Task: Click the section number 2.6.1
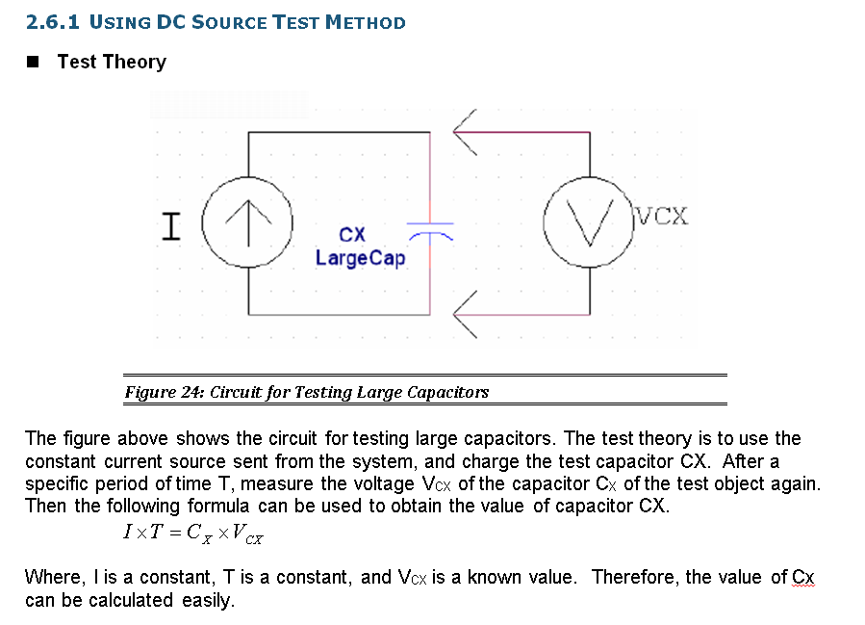tap(52, 22)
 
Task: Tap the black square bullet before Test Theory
tap(33, 63)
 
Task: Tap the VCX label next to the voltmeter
tap(663, 216)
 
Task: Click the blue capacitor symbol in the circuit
tap(430, 230)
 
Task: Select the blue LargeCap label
tap(361, 258)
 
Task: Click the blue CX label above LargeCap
tap(352, 234)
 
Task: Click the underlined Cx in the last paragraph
tap(802, 577)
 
